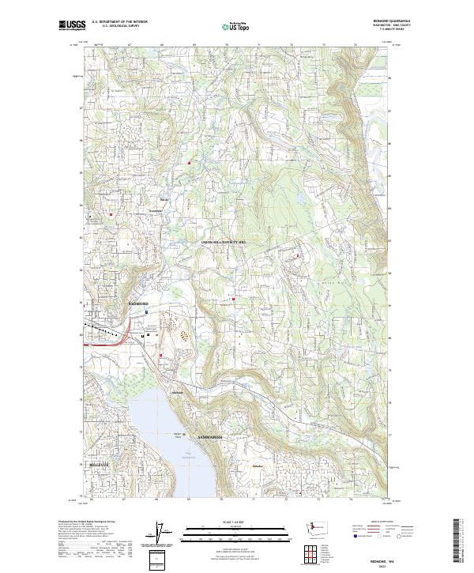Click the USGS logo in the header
click(x=72, y=25)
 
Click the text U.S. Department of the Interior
click(x=119, y=21)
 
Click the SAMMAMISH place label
click(x=206, y=437)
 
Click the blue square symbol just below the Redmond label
click(x=147, y=311)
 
